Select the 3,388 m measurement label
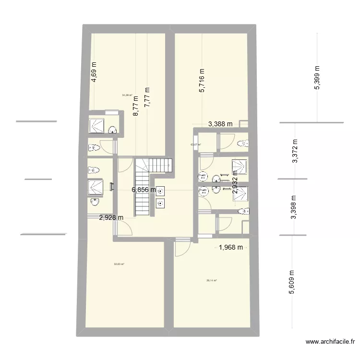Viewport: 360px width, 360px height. pos(220,124)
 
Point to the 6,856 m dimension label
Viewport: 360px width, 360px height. pos(144,190)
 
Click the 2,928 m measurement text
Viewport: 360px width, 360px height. pos(111,217)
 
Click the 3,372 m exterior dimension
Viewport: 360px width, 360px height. pos(295,152)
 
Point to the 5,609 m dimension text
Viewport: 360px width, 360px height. pos(291,284)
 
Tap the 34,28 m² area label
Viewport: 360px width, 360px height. pos(127,95)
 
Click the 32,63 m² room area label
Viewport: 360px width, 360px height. pos(119,264)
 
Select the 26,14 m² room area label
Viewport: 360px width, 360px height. pos(212,281)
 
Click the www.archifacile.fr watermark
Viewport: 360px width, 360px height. pos(331,342)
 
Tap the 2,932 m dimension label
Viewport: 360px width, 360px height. pos(235,182)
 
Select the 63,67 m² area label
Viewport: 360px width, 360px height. pos(195,144)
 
